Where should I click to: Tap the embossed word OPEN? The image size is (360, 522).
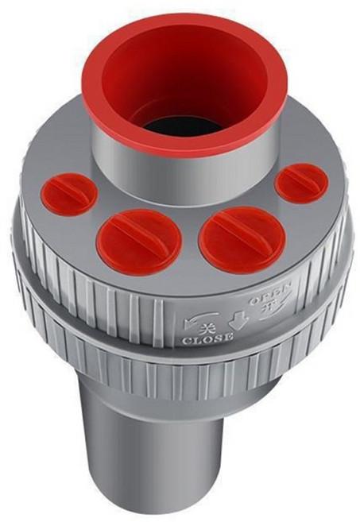(x=271, y=293)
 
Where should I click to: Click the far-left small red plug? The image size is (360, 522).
(x=70, y=194)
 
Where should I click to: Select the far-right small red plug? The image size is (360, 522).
(x=304, y=184)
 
